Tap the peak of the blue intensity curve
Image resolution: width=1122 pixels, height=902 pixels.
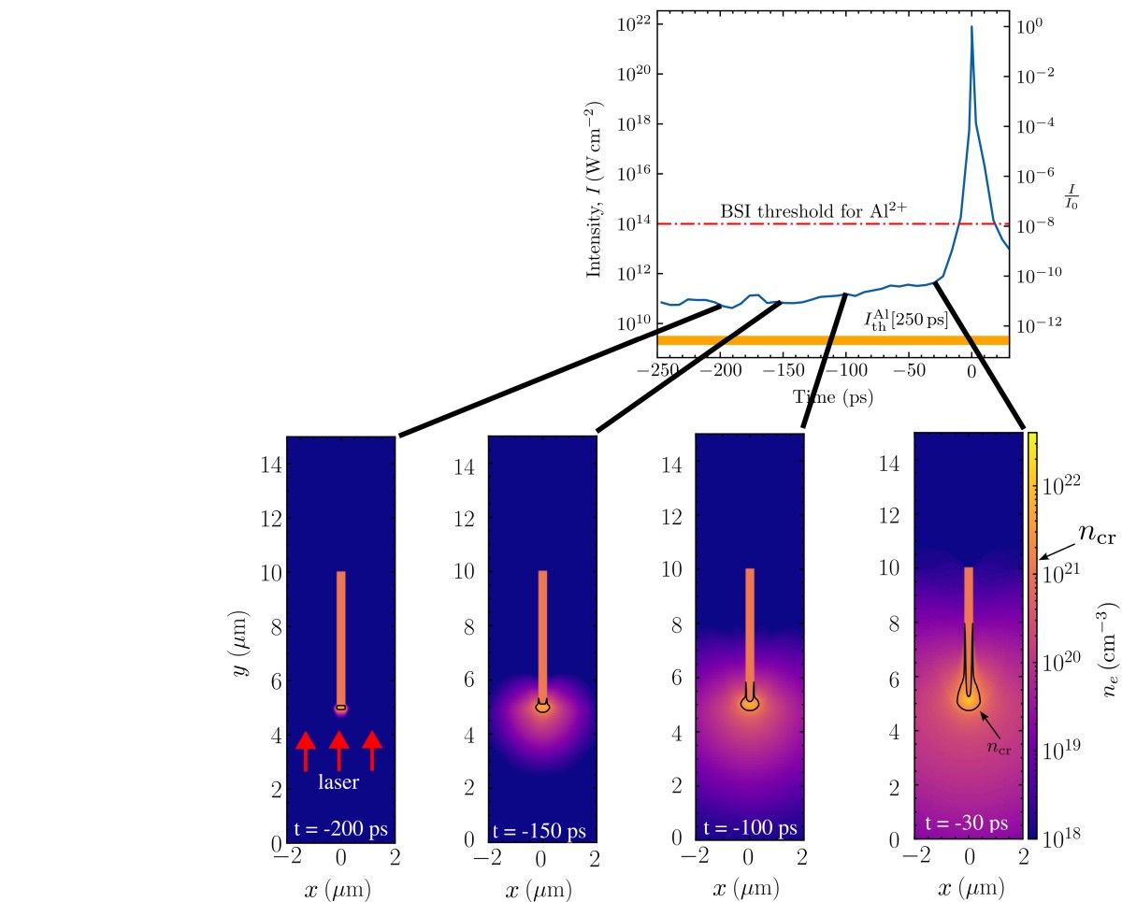pyautogui.click(x=971, y=27)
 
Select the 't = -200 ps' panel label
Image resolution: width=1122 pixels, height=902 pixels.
pyautogui.click(x=339, y=828)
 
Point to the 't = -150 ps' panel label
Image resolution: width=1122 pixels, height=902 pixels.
pyautogui.click(x=541, y=829)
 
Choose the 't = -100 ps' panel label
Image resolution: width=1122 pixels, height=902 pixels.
pyautogui.click(x=749, y=828)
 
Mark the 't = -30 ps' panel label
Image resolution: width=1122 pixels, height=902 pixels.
pyautogui.click(x=967, y=823)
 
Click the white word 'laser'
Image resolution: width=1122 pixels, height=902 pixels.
pyautogui.click(x=338, y=783)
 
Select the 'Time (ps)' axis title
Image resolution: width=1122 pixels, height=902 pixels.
pyautogui.click(x=832, y=396)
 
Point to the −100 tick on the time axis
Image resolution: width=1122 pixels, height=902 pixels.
pyautogui.click(x=846, y=370)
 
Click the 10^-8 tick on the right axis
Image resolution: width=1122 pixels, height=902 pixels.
pyautogui.click(x=1032, y=224)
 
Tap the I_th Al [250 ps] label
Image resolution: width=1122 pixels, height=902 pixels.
pyautogui.click(x=905, y=319)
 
